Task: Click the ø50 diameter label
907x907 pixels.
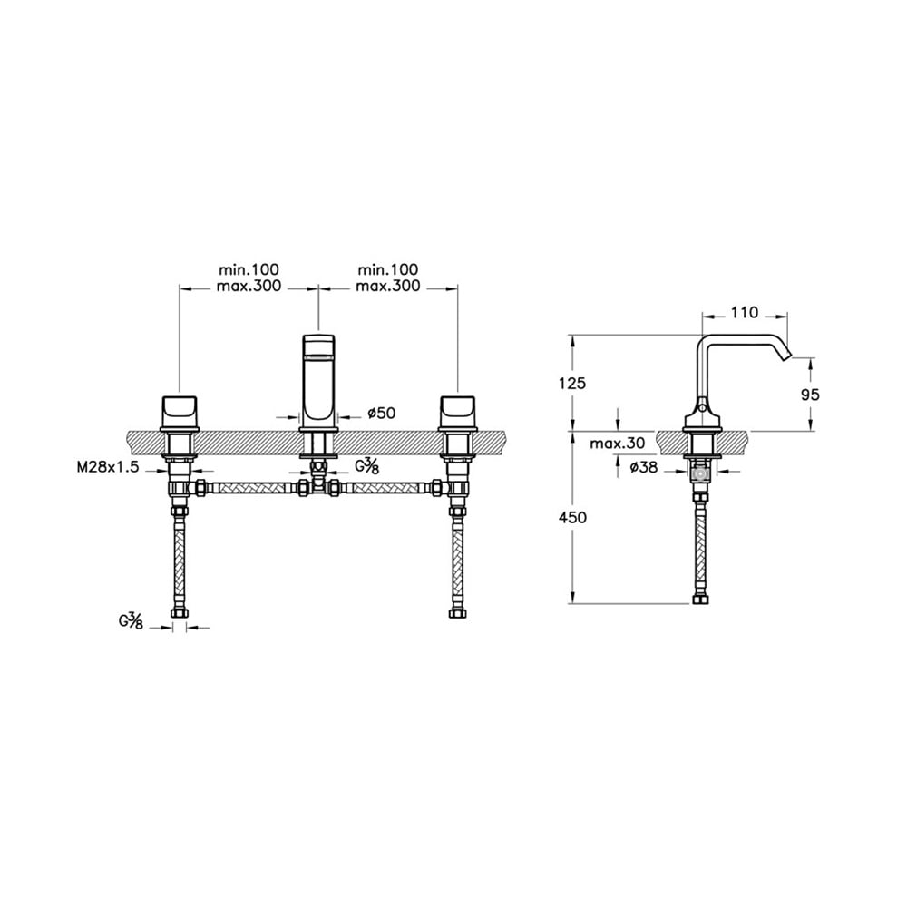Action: coord(382,413)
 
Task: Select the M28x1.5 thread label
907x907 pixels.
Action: coord(108,467)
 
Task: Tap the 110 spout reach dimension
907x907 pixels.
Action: coord(745,312)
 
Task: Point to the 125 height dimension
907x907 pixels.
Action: coord(572,383)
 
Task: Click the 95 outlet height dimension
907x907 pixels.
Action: coord(810,395)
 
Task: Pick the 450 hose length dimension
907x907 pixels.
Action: coord(572,517)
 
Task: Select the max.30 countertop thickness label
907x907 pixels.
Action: coord(617,444)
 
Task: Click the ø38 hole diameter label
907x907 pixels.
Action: coord(644,467)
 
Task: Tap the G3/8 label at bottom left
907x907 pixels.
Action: coord(132,621)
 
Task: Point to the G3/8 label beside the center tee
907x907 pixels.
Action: coord(367,466)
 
